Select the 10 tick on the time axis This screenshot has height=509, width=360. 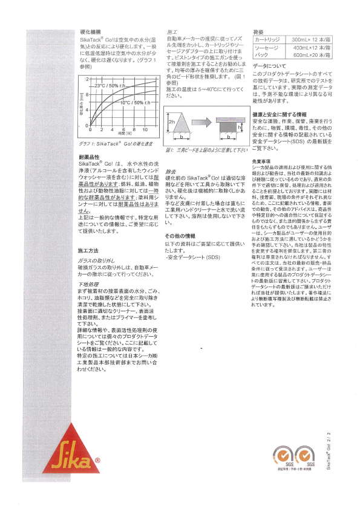[x=146, y=129]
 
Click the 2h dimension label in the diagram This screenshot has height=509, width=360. [x=171, y=122]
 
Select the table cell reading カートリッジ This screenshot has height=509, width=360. [x=265, y=39]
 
